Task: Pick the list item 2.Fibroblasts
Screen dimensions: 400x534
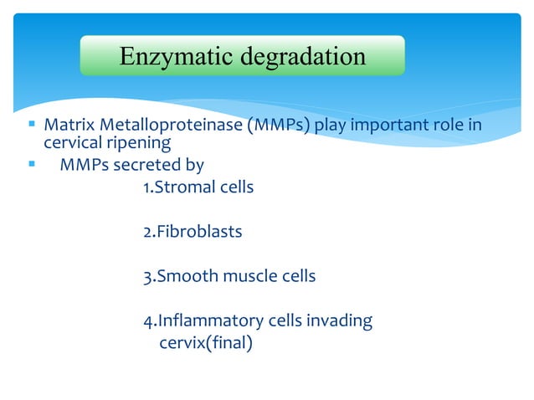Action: [193, 232]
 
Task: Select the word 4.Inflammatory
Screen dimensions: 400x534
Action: [203, 321]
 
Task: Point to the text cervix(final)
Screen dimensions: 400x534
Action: [205, 341]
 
